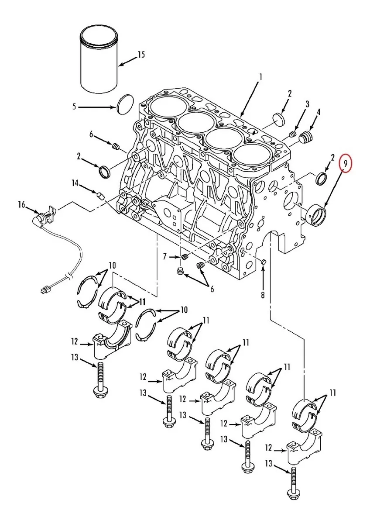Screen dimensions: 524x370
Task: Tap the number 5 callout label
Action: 74,106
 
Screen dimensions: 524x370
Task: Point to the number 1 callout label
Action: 260,77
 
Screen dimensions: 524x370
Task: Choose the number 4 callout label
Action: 319,112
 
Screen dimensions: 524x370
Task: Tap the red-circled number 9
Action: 345,164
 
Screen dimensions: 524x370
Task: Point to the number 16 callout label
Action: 21,204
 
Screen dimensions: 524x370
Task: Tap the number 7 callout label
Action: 165,256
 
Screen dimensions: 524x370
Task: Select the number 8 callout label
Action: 263,296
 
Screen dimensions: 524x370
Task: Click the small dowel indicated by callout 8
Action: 264,261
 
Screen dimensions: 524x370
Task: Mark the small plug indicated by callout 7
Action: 184,256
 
